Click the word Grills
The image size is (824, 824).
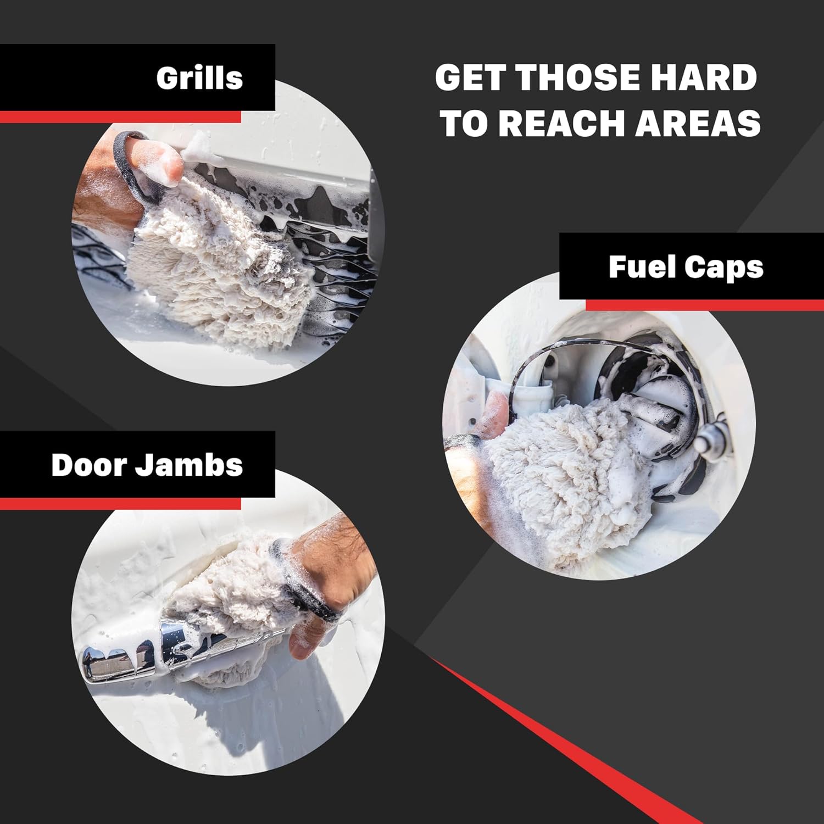[x=199, y=77]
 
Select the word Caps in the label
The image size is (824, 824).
[x=724, y=268]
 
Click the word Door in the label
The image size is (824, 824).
[x=88, y=465]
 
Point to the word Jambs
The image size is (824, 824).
[x=189, y=465]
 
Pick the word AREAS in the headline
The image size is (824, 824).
[x=699, y=123]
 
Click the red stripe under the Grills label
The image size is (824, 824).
[x=120, y=117]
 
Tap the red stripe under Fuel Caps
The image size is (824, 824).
[x=705, y=305]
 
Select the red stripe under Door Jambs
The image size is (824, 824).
[x=120, y=503]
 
